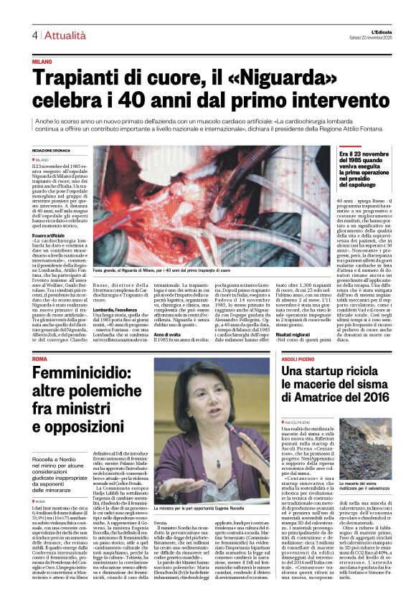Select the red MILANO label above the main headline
(x=42, y=62)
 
